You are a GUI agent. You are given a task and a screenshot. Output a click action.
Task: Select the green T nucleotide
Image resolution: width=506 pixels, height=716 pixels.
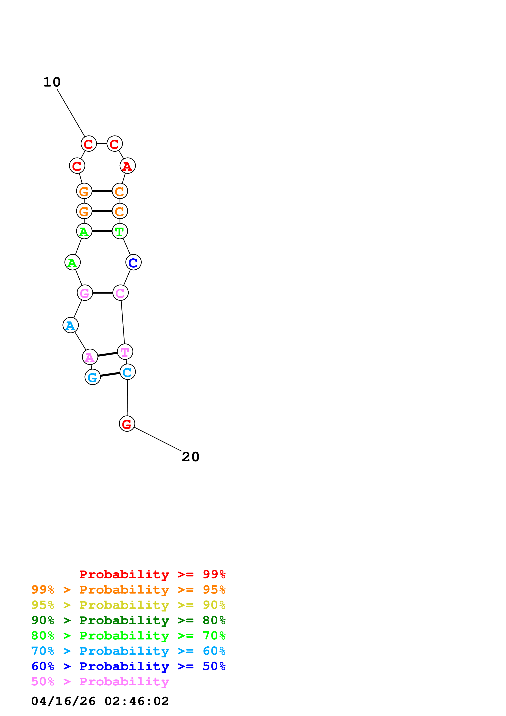tap(120, 231)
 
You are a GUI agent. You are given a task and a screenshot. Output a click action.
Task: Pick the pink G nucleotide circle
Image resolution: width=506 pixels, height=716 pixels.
tap(85, 293)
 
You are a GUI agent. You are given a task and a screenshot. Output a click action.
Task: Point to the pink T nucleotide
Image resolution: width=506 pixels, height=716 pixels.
tap(125, 352)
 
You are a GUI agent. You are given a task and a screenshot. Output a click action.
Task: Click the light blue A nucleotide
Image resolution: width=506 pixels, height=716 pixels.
tap(70, 325)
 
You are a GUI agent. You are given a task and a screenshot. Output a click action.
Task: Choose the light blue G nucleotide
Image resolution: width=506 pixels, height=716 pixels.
tap(93, 377)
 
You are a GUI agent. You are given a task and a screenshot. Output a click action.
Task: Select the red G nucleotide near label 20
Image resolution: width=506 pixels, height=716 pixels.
tap(127, 424)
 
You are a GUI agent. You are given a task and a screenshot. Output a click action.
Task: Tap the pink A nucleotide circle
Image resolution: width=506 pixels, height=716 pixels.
tap(90, 357)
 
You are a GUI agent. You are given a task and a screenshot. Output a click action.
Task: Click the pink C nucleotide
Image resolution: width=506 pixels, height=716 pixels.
tap(120, 293)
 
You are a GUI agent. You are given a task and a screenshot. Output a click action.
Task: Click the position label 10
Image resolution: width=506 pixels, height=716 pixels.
tap(52, 82)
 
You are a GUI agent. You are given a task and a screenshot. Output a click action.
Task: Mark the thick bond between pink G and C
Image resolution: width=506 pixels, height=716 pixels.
tap(103, 293)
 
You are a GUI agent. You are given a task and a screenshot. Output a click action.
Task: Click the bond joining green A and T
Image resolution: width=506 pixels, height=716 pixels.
tap(102, 231)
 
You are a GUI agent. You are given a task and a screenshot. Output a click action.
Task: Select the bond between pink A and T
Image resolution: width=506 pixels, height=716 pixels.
tap(108, 354)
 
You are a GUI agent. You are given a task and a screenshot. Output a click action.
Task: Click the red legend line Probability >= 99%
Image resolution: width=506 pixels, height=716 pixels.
tap(152, 574)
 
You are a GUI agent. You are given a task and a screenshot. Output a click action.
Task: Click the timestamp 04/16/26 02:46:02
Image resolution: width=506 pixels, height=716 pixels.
tap(100, 701)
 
